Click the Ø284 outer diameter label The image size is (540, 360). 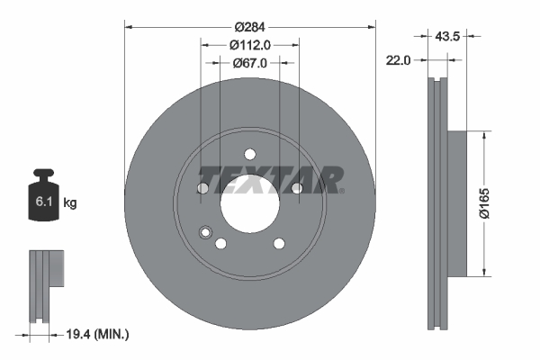pos(249,26)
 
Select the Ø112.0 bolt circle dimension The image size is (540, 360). pos(249,45)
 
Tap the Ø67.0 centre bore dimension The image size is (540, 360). pos(249,63)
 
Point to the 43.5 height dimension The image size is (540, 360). pos(441,36)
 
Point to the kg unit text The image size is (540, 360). pos(70,203)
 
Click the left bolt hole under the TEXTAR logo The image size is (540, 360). pos(202,188)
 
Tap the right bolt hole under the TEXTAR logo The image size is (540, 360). pos(296,187)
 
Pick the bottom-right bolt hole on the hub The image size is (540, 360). pos(278,243)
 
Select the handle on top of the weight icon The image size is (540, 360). pos(43,175)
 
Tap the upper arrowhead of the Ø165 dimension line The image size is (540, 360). pos(486,135)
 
